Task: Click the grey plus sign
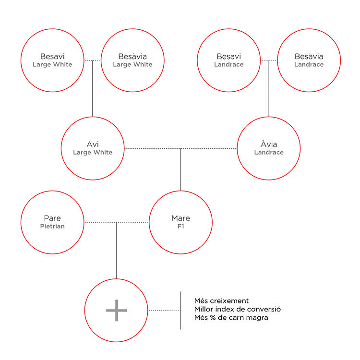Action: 117,310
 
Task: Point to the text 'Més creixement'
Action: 221,301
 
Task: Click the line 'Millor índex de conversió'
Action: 238,309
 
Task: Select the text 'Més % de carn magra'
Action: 231,318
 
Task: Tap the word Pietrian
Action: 52,226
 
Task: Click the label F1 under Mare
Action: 180,227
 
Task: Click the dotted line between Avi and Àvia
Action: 180,148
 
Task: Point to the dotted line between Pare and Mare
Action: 117,222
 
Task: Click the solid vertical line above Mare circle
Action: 180,169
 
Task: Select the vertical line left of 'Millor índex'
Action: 180,311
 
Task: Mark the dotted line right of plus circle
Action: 164,311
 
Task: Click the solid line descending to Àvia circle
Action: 269,89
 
